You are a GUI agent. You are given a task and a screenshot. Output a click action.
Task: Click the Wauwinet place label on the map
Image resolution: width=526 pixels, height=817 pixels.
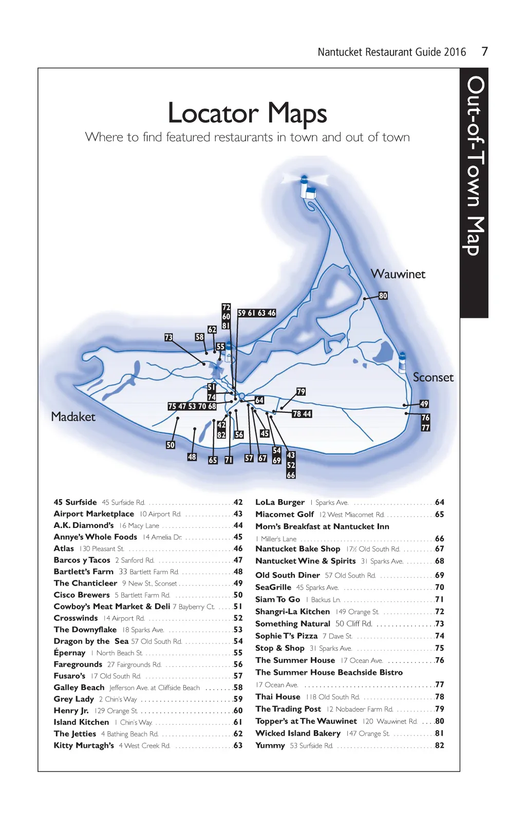click(398, 274)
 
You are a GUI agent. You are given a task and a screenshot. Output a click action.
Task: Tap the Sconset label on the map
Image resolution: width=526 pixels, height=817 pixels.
click(433, 377)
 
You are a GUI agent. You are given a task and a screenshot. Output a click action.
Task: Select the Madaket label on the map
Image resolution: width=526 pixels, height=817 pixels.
click(73, 416)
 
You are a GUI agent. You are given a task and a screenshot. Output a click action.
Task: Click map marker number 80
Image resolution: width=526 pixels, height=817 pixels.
click(383, 296)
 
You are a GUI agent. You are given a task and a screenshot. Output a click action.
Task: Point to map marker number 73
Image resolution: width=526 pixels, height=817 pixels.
click(168, 337)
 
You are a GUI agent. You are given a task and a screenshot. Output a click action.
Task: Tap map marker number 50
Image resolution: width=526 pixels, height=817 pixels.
click(171, 445)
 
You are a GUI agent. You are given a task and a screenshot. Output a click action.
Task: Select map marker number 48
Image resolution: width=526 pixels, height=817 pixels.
click(192, 457)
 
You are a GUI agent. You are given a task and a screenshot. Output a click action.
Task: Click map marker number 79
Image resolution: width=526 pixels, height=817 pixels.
click(301, 392)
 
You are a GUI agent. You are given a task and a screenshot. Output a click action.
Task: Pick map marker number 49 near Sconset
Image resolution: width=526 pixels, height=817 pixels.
click(424, 404)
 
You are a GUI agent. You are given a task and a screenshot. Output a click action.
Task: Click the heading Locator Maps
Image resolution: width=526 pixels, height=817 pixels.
click(247, 113)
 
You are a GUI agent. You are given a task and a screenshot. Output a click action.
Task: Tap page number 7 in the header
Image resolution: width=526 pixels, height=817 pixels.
click(484, 51)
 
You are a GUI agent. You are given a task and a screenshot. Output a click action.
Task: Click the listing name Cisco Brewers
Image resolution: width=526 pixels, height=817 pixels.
click(82, 595)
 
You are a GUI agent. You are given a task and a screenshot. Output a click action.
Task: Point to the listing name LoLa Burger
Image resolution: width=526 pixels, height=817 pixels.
click(280, 502)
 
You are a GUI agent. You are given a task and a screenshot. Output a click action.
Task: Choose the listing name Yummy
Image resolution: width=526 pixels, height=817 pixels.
click(270, 745)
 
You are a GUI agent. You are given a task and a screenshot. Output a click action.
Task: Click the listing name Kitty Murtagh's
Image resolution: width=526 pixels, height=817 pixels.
click(84, 745)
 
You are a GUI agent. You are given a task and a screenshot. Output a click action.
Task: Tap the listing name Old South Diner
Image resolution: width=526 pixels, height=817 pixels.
click(288, 575)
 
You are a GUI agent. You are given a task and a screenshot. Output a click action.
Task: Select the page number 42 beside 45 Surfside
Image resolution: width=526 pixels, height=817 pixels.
click(238, 502)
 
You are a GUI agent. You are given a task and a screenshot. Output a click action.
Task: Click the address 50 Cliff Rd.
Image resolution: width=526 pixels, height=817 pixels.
click(353, 623)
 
